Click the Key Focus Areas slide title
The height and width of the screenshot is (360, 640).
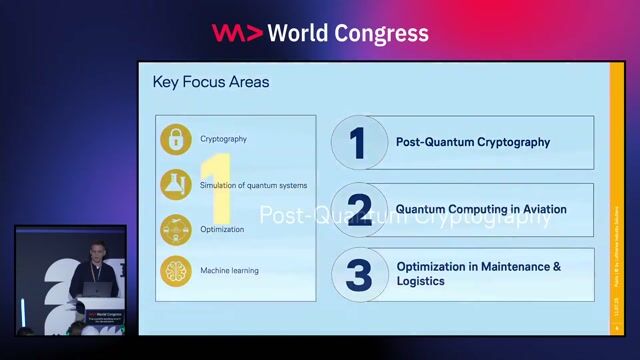click(211, 82)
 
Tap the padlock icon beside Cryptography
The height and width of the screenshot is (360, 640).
click(176, 139)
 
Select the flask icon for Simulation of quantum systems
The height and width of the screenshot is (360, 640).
click(176, 185)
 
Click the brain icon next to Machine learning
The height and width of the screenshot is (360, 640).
click(176, 270)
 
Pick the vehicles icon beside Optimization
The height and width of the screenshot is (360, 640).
click(176, 229)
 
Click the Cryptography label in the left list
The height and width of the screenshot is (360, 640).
click(223, 139)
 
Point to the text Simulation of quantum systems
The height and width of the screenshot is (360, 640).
click(253, 185)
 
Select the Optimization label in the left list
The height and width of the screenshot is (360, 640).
click(222, 229)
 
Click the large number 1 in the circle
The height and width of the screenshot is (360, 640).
click(358, 142)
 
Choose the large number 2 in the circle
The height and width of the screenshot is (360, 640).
click(358, 209)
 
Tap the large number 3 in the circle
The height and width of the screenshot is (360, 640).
click(358, 274)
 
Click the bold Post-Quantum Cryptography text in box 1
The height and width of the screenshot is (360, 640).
click(473, 142)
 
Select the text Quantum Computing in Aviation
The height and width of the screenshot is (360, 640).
click(481, 209)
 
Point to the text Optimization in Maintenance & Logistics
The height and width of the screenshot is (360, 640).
click(478, 273)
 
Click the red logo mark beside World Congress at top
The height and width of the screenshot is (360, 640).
click(237, 33)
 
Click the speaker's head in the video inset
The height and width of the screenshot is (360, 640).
click(95, 247)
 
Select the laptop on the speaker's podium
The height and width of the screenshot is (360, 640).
click(97, 290)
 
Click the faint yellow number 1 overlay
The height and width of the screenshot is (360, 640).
click(217, 187)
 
